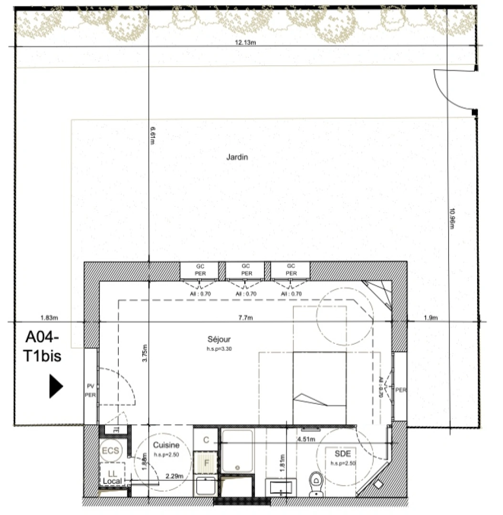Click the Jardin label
[237, 157]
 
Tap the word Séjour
[219, 340]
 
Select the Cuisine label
[166, 445]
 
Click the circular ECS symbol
[110, 450]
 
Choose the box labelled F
[206, 463]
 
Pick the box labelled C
[206, 440]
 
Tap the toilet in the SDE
[315, 481]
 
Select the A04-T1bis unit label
[43, 347]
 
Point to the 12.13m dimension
[245, 42]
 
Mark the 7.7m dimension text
[246, 318]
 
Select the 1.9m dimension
[431, 318]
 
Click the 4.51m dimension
[305, 440]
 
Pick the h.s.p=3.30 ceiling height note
[219, 349]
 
